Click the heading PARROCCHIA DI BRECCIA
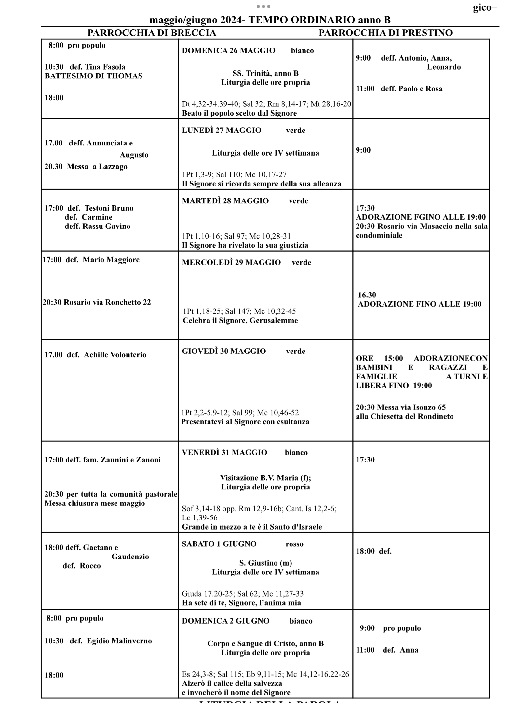(152, 33)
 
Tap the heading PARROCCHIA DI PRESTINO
(385, 33)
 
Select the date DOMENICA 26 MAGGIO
(228, 51)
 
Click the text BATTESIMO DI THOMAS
(93, 76)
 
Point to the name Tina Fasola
(105, 67)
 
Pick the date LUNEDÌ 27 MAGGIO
(222, 131)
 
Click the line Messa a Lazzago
(97, 167)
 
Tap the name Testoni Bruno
(109, 208)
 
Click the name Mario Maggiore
(111, 260)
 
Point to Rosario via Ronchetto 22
(107, 302)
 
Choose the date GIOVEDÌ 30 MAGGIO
(224, 351)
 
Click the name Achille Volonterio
(115, 355)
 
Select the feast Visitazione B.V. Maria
(259, 478)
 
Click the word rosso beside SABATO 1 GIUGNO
(294, 544)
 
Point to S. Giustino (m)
(265, 563)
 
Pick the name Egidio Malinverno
(119, 641)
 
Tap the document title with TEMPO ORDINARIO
(270, 20)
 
